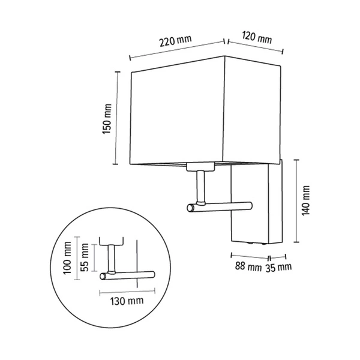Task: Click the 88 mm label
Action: point(247,266)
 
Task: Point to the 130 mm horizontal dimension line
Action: point(125,291)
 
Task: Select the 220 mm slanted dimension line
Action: point(177,50)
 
